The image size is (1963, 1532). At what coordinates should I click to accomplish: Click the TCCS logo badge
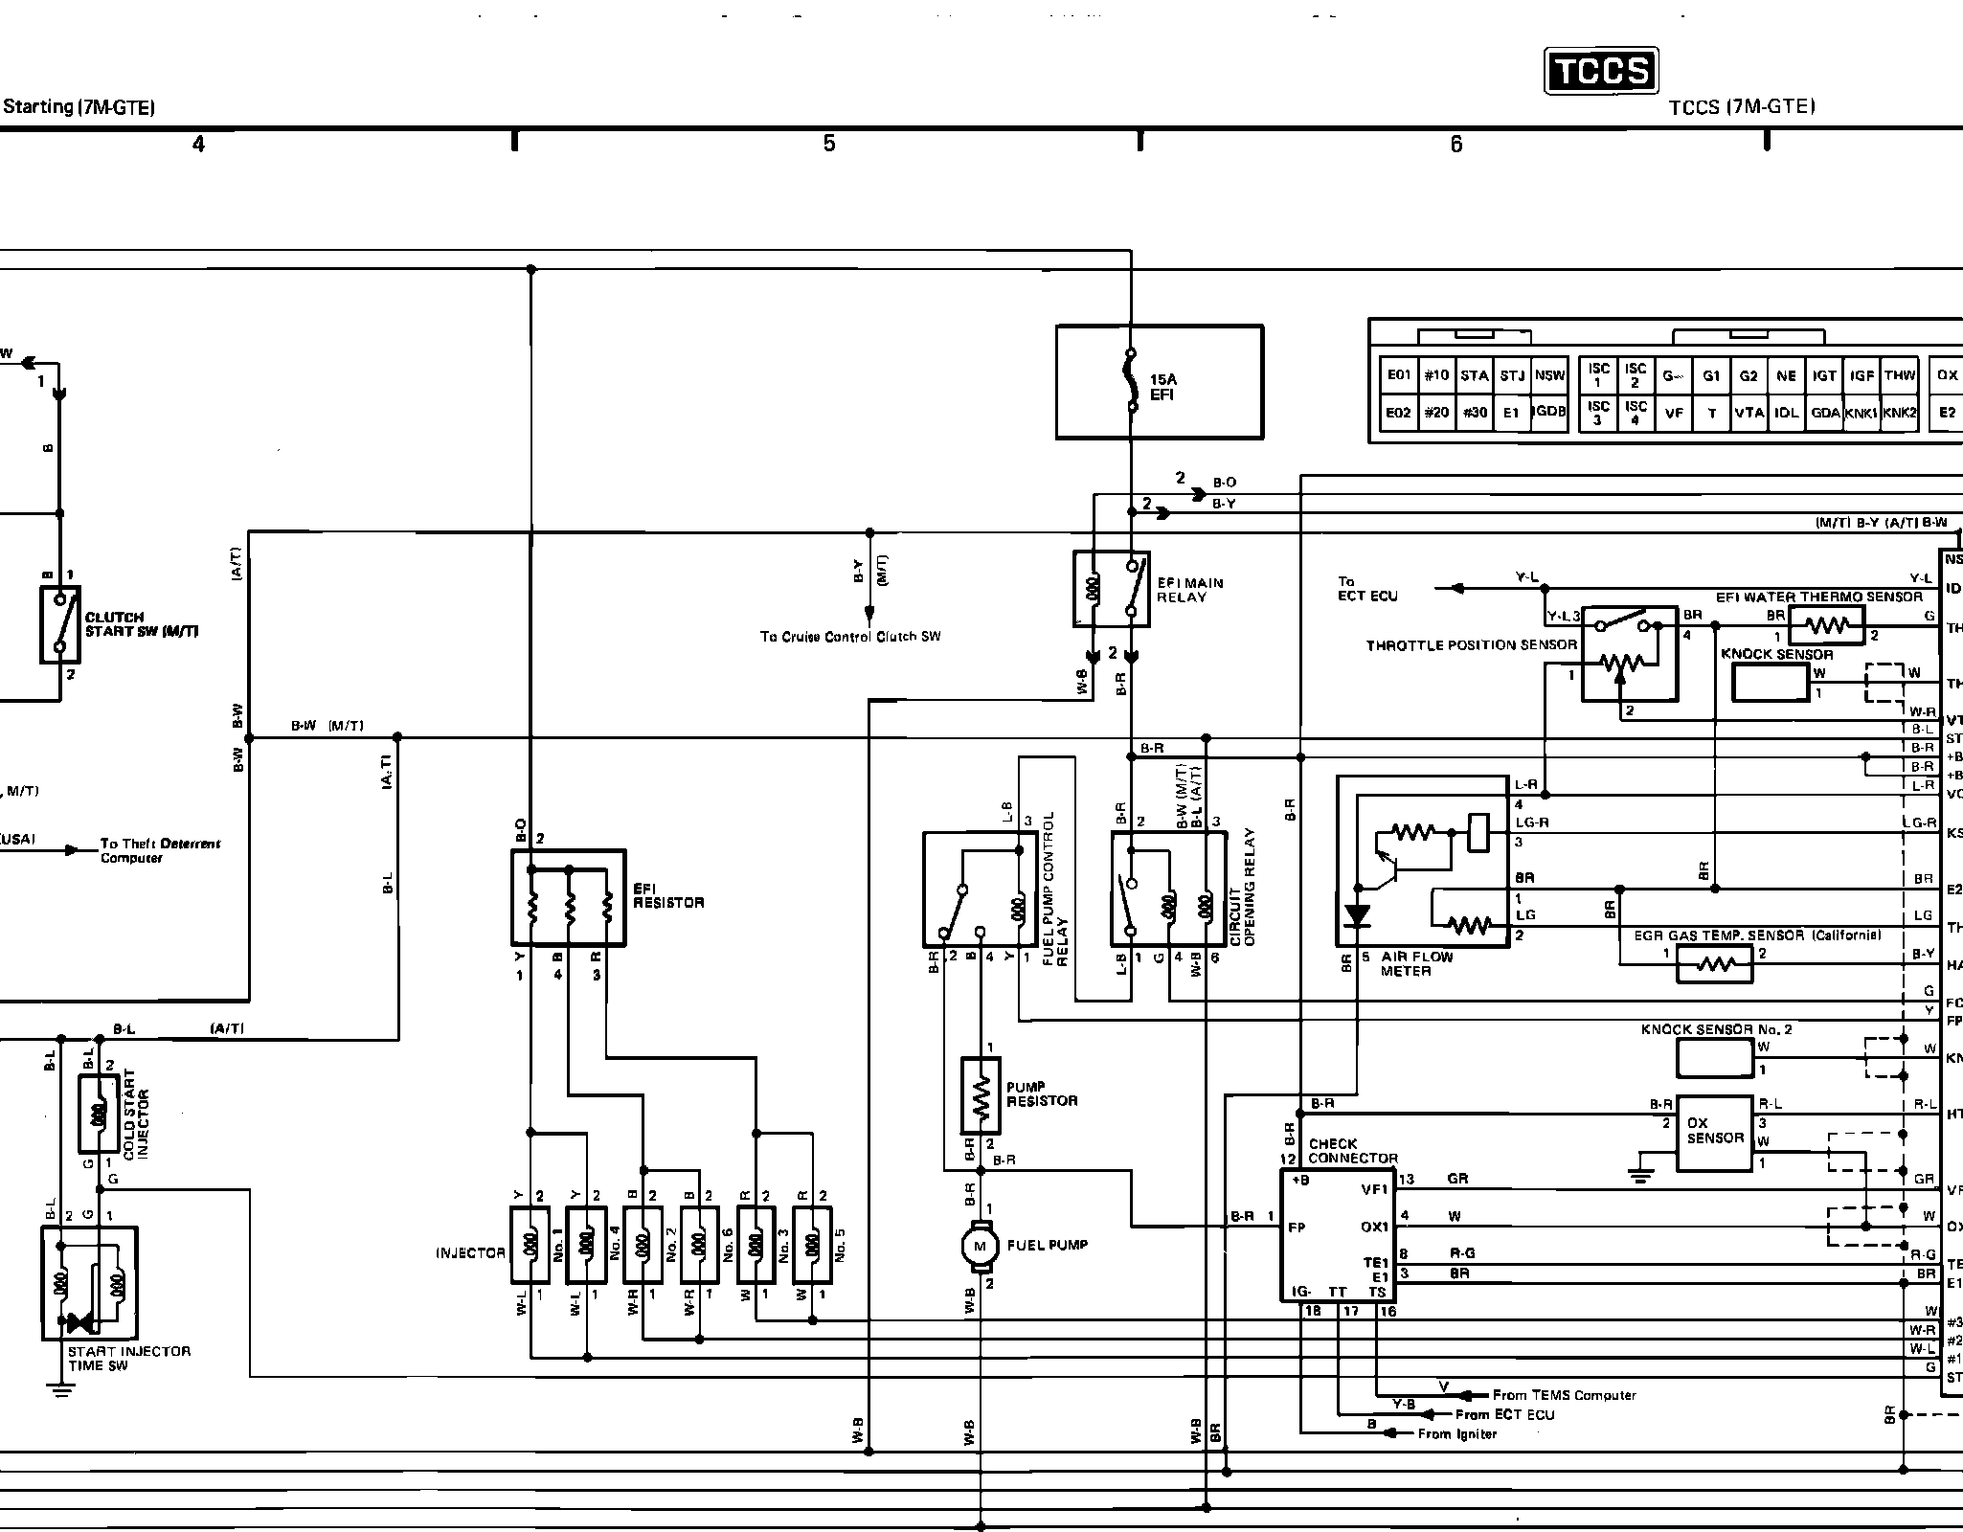pos(1601,72)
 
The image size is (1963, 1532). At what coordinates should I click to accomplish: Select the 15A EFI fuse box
pos(1159,382)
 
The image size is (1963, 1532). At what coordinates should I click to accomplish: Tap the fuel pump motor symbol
pos(979,1246)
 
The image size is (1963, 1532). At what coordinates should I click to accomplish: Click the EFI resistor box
pos(569,898)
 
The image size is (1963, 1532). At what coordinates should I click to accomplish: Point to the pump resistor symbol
pos(980,1095)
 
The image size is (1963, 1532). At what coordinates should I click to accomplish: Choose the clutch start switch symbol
pos(59,624)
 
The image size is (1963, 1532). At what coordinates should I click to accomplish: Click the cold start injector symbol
pos(98,1114)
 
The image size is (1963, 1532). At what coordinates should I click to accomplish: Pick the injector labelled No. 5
pos(812,1245)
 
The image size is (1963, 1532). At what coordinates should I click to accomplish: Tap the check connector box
pos(1340,1235)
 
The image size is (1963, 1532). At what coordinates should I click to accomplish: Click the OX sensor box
pos(1714,1134)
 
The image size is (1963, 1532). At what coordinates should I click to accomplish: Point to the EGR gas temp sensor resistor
pos(1714,965)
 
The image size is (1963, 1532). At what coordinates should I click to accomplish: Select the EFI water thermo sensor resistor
pos(1826,626)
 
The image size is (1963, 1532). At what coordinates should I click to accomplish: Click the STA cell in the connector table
pos(1474,375)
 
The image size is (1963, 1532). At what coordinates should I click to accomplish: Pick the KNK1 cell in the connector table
pos(1861,413)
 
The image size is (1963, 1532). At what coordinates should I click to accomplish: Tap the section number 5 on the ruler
pos(828,144)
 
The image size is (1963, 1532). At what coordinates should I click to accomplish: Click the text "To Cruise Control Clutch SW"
pos(850,637)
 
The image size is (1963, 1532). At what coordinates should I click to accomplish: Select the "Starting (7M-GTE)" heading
pos(79,107)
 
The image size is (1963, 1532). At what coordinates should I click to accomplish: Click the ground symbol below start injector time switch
pos(61,1390)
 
